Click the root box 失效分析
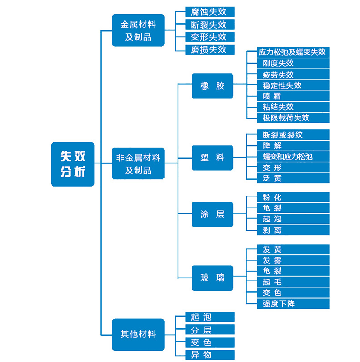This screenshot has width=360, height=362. (73, 164)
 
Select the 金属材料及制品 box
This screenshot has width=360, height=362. (138, 30)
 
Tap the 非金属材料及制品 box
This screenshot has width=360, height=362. (138, 163)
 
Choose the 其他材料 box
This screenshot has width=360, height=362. (138, 334)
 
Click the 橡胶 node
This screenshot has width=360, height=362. (212, 86)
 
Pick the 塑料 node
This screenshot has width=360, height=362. (212, 158)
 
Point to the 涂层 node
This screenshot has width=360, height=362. (212, 214)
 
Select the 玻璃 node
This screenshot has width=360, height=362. (212, 278)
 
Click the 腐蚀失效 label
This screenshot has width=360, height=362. (210, 12)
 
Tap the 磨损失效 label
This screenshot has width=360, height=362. (210, 50)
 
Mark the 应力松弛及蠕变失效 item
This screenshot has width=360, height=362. (293, 52)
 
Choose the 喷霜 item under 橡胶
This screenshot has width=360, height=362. (293, 96)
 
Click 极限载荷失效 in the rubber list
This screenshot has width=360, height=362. (293, 118)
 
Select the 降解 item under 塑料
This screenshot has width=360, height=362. (293, 146)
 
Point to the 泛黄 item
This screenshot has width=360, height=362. (293, 178)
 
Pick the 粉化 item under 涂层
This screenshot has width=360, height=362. (293, 197)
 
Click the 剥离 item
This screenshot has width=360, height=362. (293, 230)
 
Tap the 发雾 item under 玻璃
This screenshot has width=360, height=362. (293, 260)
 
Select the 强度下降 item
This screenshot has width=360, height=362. (293, 304)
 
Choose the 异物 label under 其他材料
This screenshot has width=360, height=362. (210, 355)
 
